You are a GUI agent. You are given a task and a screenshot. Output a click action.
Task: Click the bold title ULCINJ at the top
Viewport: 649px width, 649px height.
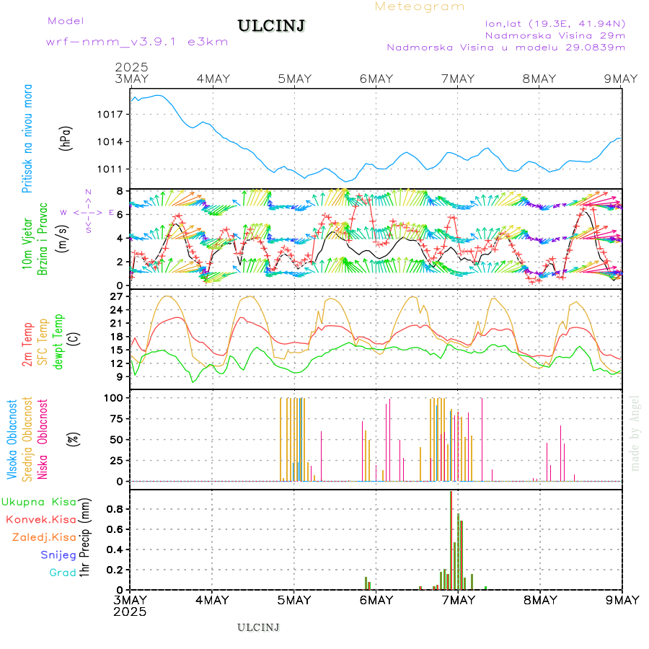coord(271,26)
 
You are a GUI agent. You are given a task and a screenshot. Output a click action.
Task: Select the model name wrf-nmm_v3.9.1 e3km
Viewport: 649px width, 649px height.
coord(137,42)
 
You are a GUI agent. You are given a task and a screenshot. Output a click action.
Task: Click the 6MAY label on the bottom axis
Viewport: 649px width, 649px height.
coord(376,600)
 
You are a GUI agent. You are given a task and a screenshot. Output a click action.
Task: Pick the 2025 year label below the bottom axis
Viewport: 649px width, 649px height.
coord(131,612)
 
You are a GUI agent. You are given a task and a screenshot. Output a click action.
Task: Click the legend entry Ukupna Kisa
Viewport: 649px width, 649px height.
coord(39,501)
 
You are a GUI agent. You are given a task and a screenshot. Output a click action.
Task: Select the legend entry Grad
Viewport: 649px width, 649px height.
coord(63,573)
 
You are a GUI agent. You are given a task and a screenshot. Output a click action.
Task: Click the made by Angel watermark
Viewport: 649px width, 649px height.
coord(635,433)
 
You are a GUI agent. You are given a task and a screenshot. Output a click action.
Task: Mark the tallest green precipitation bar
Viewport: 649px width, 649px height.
coord(450,540)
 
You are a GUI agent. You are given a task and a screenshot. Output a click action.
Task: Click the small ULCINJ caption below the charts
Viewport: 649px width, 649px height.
coord(258,627)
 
